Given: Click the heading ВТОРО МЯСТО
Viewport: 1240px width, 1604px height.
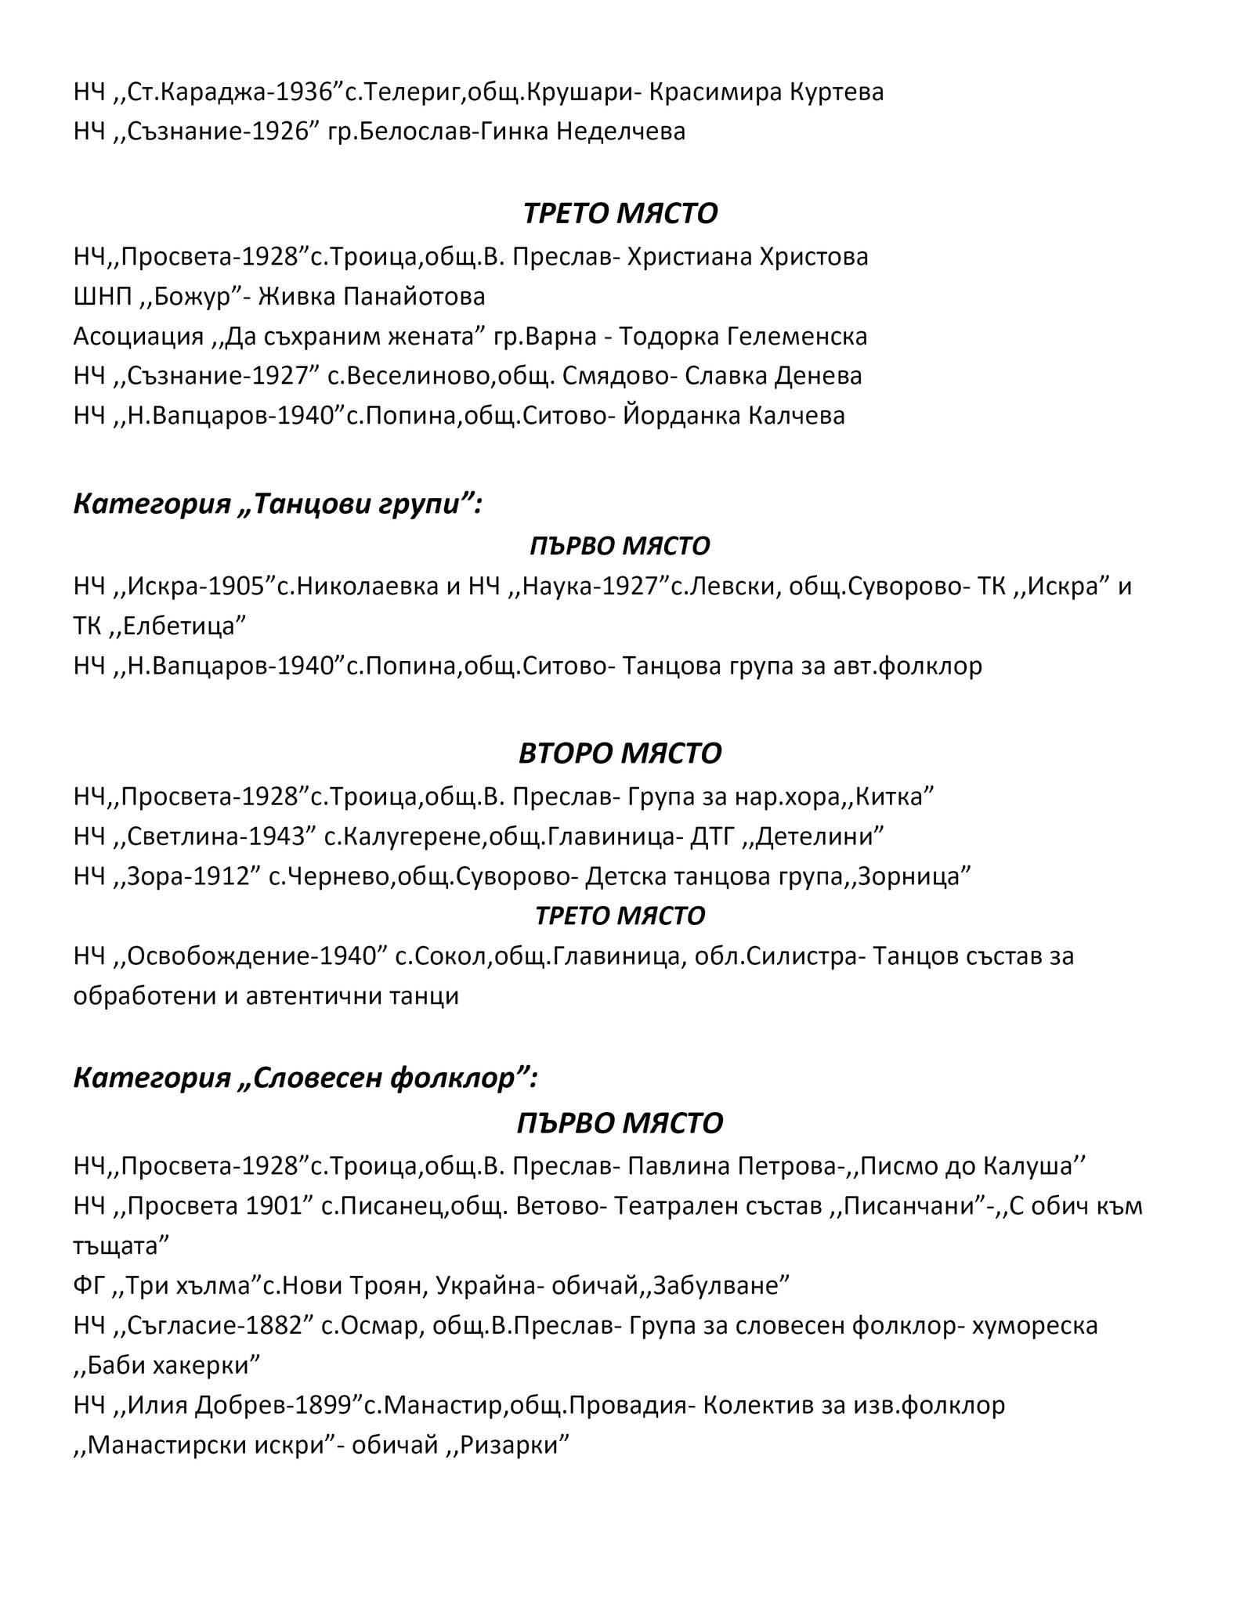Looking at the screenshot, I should tap(620, 753).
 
